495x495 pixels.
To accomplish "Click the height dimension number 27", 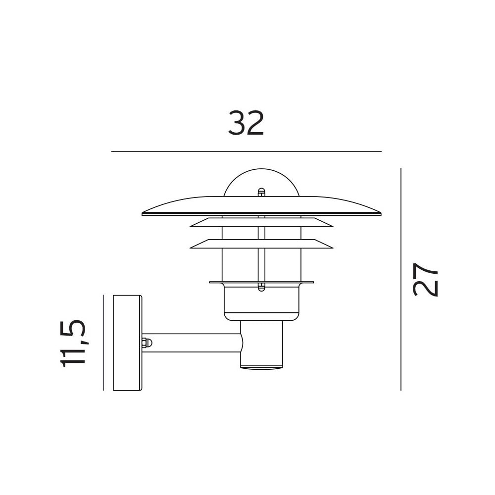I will [x=426, y=280].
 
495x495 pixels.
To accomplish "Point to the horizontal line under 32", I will [x=246, y=151].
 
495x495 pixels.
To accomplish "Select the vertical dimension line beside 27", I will [x=400, y=279].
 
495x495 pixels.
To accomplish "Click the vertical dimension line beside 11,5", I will [x=103, y=343].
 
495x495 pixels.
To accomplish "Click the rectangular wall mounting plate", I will [x=127, y=343].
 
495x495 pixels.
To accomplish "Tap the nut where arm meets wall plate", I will [x=147, y=343].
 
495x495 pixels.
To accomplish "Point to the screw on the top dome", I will [x=261, y=192].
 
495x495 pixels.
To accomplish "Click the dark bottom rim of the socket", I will [x=261, y=367].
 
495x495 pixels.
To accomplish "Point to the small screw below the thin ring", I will [x=261, y=287].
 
